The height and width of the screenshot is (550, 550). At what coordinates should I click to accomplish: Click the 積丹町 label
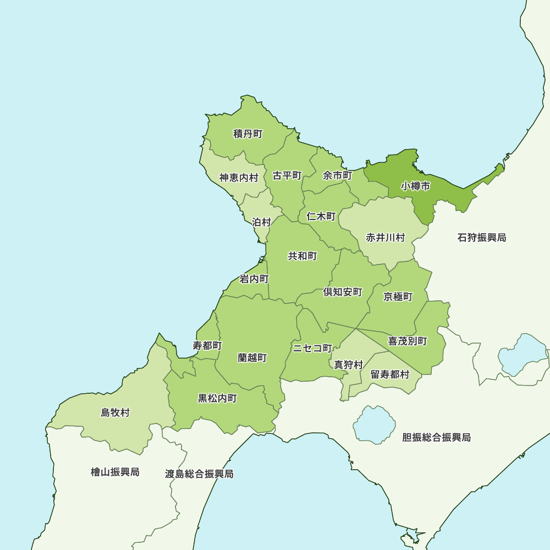tap(248, 134)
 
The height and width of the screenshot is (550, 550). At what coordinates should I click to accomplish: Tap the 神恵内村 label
tap(239, 178)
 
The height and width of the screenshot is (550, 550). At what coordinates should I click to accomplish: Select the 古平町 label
tap(287, 176)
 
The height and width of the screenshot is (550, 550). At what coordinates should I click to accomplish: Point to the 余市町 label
tap(337, 175)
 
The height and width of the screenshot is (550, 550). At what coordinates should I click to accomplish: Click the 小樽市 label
tap(415, 186)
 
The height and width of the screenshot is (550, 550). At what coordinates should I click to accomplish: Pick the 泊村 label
tap(262, 222)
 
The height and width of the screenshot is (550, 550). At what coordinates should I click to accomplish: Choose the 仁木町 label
tap(321, 216)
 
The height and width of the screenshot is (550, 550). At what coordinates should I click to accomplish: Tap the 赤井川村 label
tap(386, 238)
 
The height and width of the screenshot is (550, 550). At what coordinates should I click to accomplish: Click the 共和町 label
tap(302, 256)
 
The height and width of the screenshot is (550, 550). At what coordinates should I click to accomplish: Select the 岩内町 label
tap(254, 279)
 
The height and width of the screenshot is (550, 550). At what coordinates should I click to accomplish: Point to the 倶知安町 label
tap(343, 292)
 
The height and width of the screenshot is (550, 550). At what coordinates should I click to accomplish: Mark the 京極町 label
tap(398, 296)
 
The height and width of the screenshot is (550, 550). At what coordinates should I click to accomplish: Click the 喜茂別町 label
tap(408, 341)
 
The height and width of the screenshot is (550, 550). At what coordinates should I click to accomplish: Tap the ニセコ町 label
tap(312, 348)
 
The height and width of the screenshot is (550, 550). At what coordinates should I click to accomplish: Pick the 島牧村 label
tap(116, 413)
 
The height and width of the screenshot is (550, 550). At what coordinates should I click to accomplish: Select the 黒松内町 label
tap(217, 398)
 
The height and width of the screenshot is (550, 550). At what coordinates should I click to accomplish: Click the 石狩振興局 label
tap(482, 238)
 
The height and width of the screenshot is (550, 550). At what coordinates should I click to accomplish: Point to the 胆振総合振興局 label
tap(436, 438)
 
